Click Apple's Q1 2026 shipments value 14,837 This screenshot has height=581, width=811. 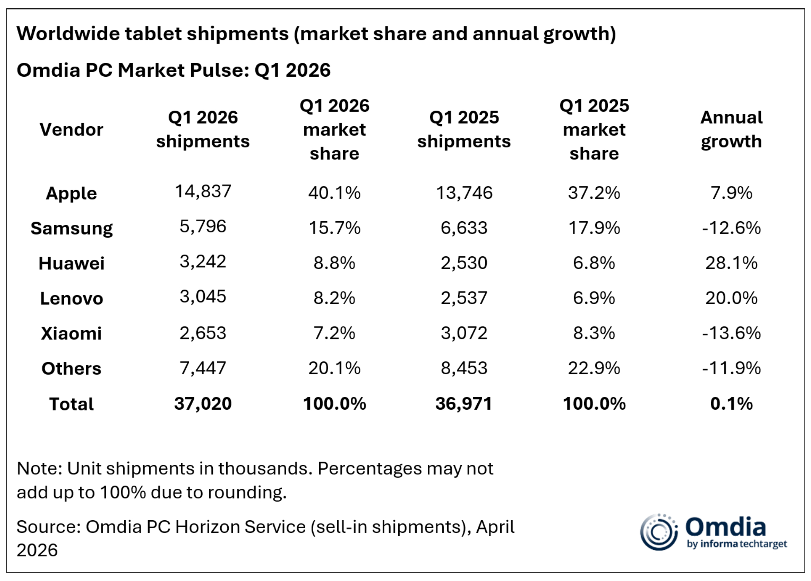click(x=203, y=191)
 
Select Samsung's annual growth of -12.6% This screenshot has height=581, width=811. click(x=731, y=228)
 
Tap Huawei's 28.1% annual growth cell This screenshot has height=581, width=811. click(x=731, y=263)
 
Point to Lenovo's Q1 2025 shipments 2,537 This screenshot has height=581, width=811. click(x=464, y=298)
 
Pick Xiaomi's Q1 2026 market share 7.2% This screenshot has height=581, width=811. click(x=334, y=333)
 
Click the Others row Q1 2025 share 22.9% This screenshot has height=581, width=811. click(x=594, y=368)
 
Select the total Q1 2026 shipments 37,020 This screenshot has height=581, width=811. click(x=203, y=404)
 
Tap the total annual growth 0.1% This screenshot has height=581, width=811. click(x=731, y=404)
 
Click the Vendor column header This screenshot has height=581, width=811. click(x=71, y=129)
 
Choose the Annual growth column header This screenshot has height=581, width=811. click(x=731, y=129)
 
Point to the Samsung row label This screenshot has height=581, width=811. click(x=71, y=228)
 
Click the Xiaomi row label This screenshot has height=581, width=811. click(x=71, y=333)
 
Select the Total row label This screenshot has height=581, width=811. click(x=71, y=404)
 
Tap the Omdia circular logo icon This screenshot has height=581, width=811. click(x=659, y=532)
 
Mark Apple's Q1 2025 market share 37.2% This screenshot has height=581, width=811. click(x=594, y=193)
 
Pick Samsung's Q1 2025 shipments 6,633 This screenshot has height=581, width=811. click(x=464, y=228)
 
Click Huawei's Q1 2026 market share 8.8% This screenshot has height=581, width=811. click(x=334, y=263)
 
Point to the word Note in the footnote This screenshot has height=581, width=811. click(x=40, y=468)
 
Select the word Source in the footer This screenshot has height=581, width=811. click(x=49, y=527)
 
